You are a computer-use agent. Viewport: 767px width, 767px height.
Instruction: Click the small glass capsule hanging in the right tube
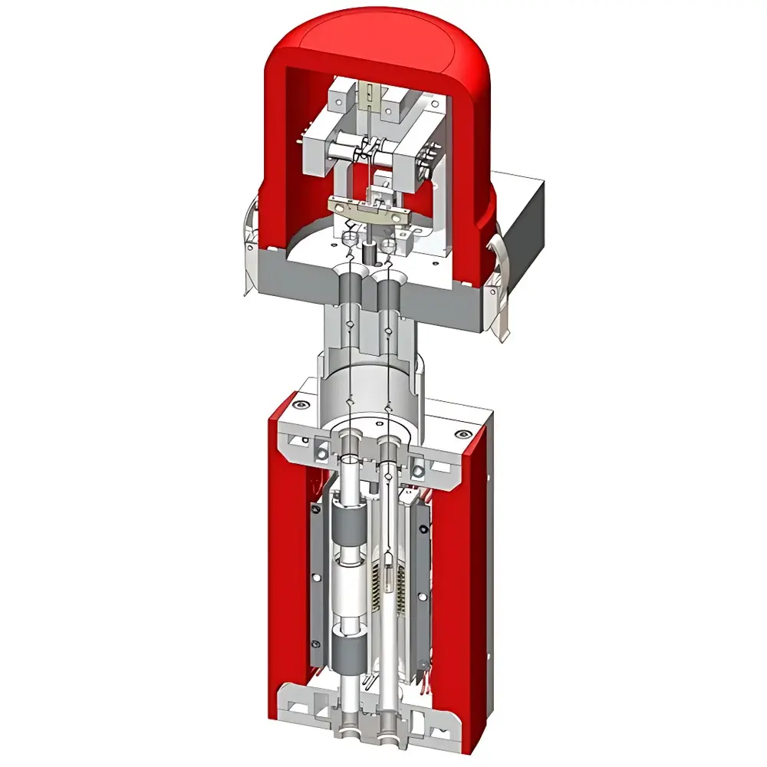pyautogui.click(x=390, y=574)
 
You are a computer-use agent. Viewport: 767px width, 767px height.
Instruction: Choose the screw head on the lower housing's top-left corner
pyautogui.click(x=301, y=404)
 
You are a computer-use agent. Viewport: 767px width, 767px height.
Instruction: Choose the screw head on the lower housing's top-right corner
pyautogui.click(x=461, y=435)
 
